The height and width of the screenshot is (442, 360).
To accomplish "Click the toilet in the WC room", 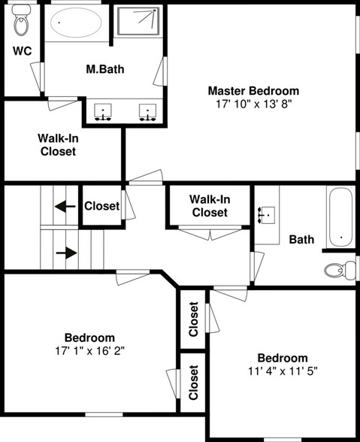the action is coord(20,20).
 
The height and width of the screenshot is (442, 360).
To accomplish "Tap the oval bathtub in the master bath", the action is coord(76,23).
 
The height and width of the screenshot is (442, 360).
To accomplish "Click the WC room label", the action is coord(23,51).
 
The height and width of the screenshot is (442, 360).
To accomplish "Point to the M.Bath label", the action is coord(105,69).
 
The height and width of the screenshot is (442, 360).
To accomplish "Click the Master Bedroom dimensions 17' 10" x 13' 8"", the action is coord(253,104).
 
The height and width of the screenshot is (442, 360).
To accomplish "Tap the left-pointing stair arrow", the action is coord(65,207).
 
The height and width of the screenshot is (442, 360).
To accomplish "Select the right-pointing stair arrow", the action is coord(67,253).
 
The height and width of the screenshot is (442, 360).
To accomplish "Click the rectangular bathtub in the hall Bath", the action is coord(340,216).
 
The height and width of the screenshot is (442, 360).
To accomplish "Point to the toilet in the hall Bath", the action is coord(340,271).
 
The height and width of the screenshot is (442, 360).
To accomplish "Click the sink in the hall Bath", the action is coord(266,215).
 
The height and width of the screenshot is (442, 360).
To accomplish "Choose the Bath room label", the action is coord(301,240).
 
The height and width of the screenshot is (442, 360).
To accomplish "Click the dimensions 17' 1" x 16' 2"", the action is coord(90,351).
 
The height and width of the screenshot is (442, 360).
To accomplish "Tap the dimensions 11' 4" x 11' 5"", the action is coord(283,371).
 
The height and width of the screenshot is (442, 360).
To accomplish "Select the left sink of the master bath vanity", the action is coord(103,112).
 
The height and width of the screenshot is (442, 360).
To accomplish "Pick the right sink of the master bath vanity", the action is coord(148,112).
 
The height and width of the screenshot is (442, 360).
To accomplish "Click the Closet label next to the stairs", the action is coord(101,206).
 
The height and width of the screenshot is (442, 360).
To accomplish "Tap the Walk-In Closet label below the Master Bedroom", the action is coord(58,145).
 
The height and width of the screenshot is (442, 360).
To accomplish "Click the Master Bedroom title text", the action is coord(253,91).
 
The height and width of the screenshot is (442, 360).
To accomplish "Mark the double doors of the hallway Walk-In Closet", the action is coord(210,233).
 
